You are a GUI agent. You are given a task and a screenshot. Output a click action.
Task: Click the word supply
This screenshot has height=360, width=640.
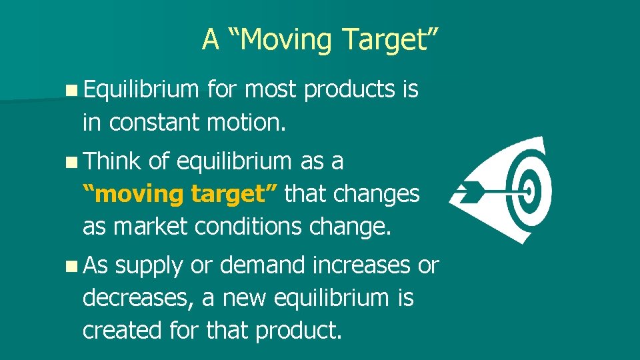[148, 266]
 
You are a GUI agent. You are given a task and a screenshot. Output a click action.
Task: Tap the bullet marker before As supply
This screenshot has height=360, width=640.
[71, 266]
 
